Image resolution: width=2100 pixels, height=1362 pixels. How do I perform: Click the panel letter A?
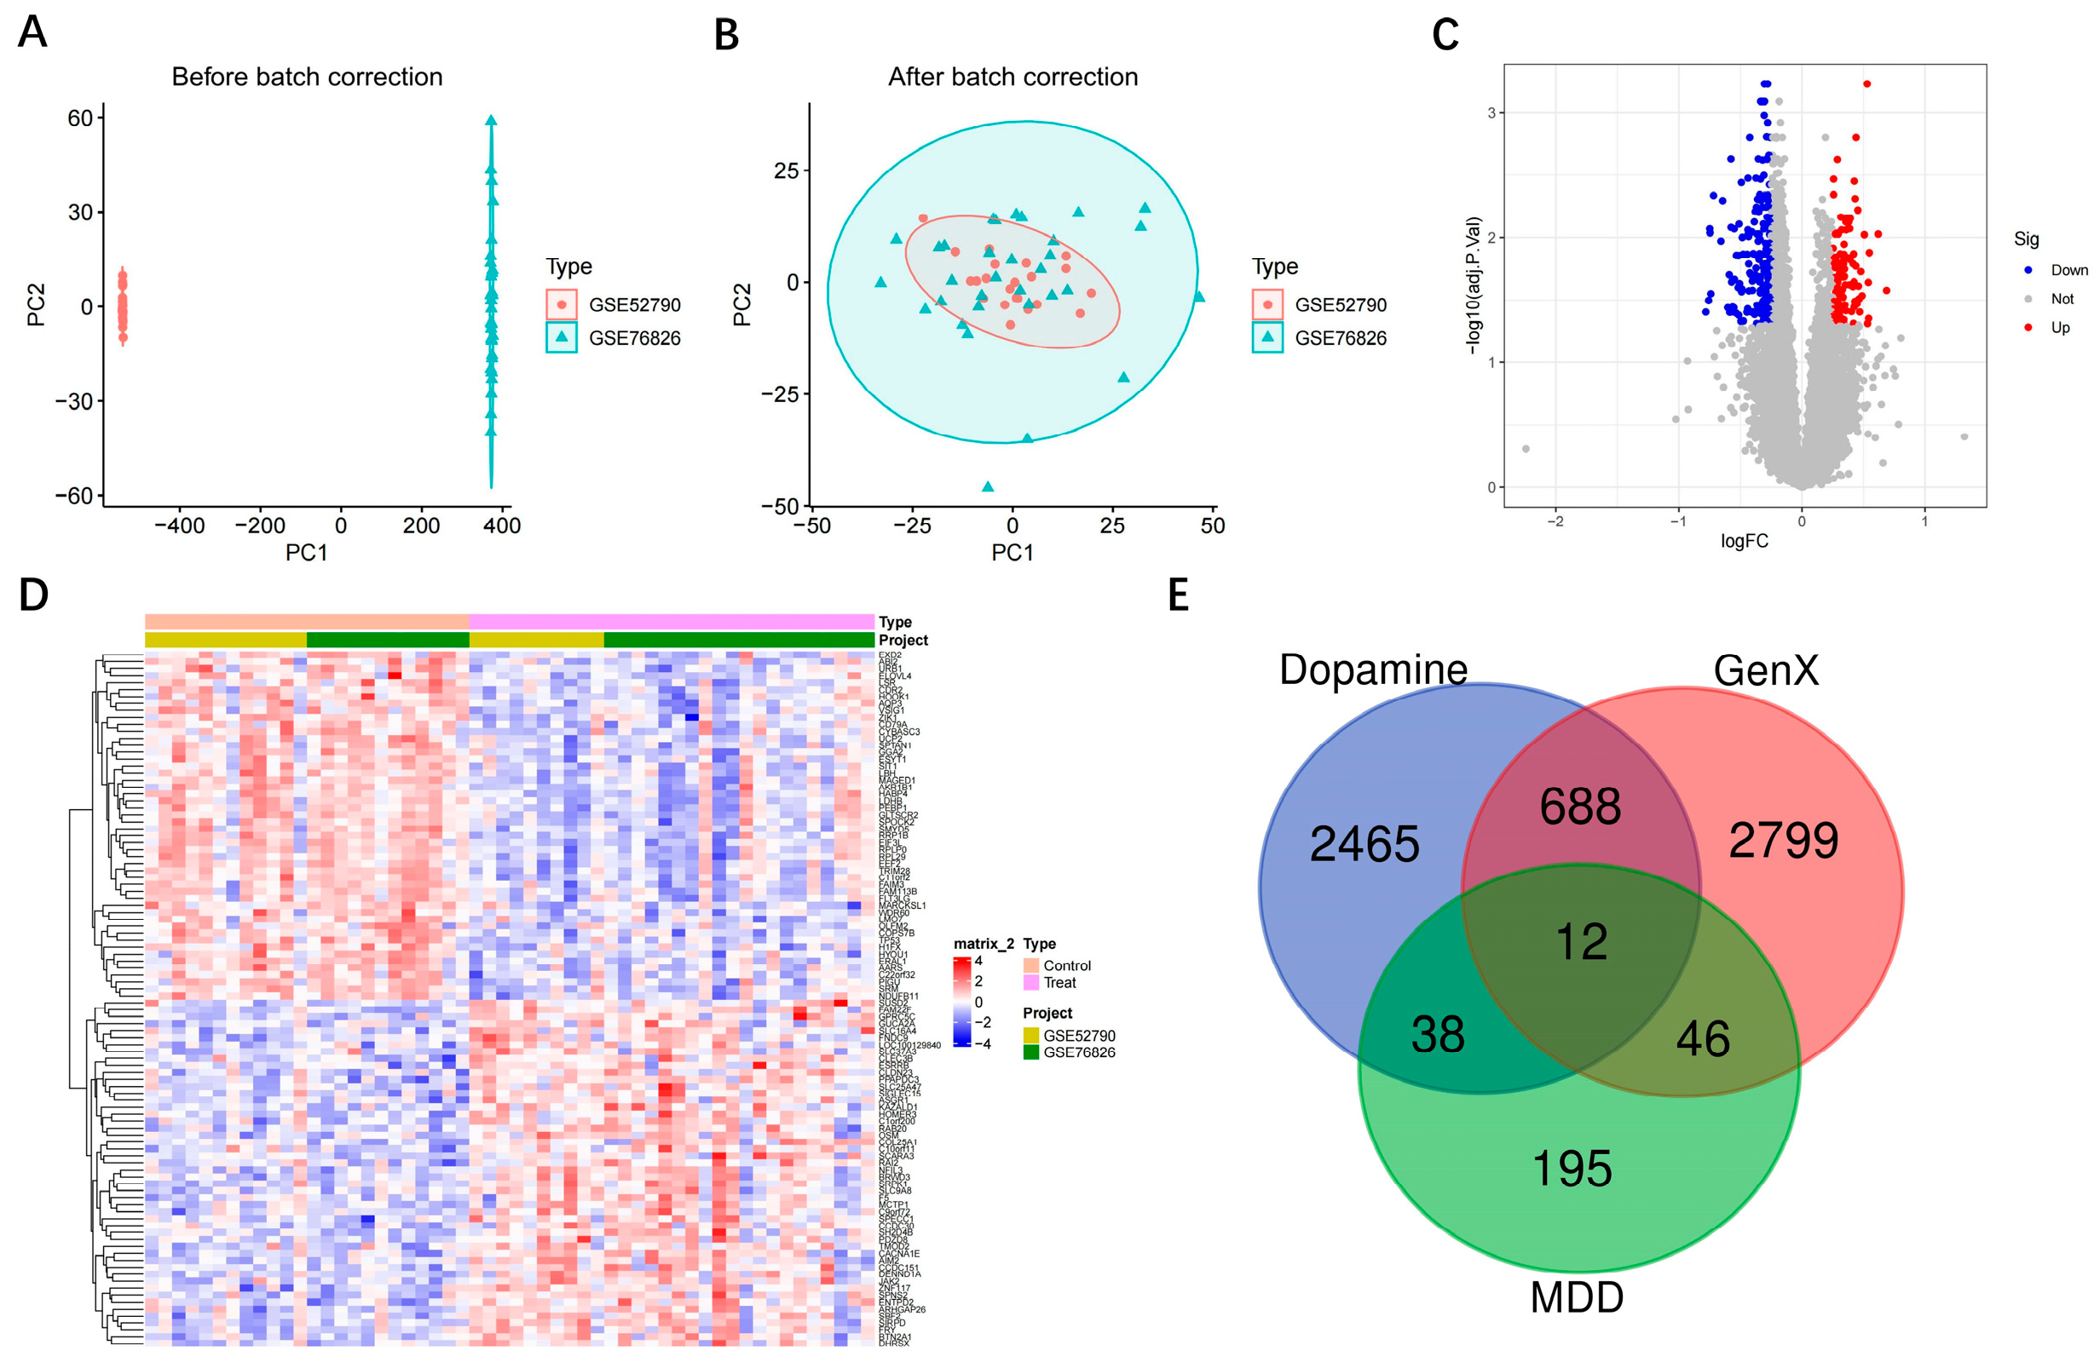tap(32, 32)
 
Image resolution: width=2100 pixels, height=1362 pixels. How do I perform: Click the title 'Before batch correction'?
tap(306, 77)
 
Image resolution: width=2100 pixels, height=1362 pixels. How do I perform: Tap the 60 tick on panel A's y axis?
tap(79, 118)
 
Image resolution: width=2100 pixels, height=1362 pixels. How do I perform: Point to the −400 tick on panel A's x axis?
tap(179, 526)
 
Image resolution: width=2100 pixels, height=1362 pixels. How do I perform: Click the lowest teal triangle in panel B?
tap(987, 486)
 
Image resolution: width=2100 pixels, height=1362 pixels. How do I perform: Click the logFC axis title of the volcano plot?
tap(1744, 541)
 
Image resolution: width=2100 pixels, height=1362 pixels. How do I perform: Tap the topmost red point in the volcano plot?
tap(1866, 83)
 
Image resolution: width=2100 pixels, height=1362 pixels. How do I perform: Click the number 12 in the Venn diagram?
tap(1581, 941)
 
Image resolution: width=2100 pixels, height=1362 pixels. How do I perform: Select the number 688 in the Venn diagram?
tap(1579, 807)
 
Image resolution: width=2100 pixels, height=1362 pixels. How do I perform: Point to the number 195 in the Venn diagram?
tap(1572, 1168)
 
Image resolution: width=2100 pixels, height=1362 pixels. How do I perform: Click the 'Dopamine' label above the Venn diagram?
tap(1373, 670)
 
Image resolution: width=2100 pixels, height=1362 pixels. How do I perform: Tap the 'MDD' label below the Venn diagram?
tap(1576, 1297)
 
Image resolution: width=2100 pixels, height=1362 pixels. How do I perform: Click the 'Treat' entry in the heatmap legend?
tap(1059, 983)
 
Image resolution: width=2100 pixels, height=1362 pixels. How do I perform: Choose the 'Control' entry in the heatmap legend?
tap(1066, 965)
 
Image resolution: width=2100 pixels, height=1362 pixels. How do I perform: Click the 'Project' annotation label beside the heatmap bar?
tap(903, 641)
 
